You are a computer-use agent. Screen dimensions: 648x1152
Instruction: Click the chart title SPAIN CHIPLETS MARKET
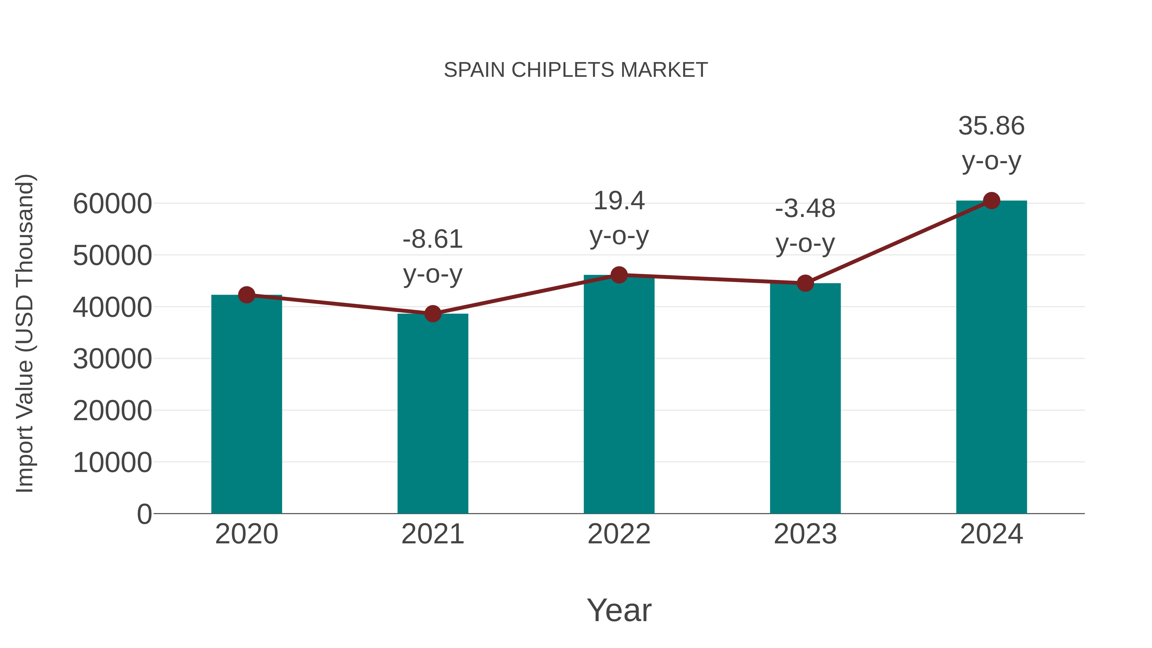pyautogui.click(x=576, y=70)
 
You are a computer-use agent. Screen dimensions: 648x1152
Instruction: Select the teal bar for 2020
pyautogui.click(x=246, y=405)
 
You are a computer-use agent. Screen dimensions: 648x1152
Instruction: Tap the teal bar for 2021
pyautogui.click(x=432, y=414)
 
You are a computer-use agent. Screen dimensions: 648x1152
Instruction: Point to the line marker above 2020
pyautogui.click(x=246, y=295)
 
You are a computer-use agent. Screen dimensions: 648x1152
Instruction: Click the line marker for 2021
pyautogui.click(x=432, y=314)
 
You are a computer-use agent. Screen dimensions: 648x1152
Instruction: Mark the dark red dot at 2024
pyautogui.click(x=991, y=201)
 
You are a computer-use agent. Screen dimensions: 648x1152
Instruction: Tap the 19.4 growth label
pyautogui.click(x=619, y=218)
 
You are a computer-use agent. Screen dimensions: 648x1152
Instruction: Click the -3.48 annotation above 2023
pyautogui.click(x=805, y=226)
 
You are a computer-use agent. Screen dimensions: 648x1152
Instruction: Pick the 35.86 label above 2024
pyautogui.click(x=991, y=143)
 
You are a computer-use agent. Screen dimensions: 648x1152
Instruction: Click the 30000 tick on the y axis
pyautogui.click(x=112, y=359)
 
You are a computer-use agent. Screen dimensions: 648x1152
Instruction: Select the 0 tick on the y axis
pyautogui.click(x=144, y=514)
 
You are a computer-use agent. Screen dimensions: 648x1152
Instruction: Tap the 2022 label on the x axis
pyautogui.click(x=619, y=534)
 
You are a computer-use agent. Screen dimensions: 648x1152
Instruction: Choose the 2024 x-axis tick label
pyautogui.click(x=991, y=534)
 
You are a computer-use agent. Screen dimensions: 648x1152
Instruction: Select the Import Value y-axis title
pyautogui.click(x=25, y=333)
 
